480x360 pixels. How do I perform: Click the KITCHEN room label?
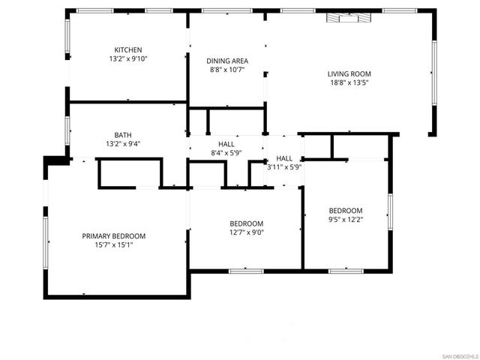pos(127,49)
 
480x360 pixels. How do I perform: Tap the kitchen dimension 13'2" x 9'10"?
pos(127,58)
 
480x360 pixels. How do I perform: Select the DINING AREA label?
pos(227,61)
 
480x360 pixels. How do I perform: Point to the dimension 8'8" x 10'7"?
pos(227,70)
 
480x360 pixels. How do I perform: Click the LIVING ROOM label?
pos(349,73)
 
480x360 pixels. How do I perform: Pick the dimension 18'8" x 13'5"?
pos(349,82)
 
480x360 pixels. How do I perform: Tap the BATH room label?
pos(124,136)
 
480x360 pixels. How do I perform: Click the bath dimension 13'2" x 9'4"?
pos(124,145)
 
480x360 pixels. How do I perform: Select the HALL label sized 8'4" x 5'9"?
pos(226,143)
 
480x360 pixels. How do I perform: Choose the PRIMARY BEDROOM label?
pos(114,236)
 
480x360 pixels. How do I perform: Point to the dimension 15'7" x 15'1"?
pos(114,245)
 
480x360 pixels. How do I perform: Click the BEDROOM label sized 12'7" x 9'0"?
pos(246,223)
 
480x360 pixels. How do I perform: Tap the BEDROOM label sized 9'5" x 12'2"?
pos(346,211)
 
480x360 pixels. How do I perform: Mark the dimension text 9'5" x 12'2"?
pos(346,220)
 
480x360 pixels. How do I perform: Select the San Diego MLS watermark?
pos(457,355)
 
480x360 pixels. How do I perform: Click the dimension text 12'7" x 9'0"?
pos(246,232)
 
